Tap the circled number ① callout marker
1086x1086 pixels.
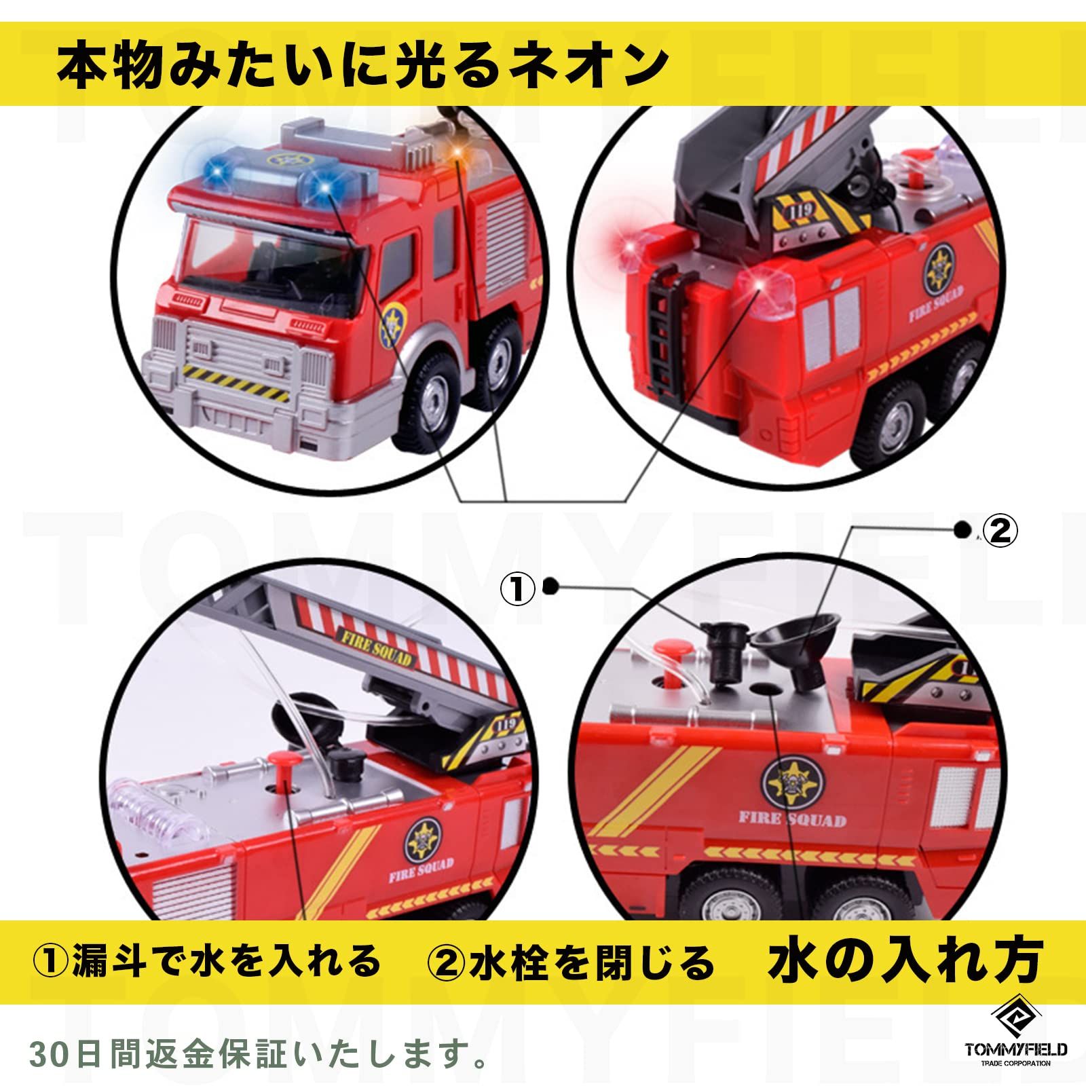518,588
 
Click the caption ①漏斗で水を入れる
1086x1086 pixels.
207,961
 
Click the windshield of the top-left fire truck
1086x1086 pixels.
271,258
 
